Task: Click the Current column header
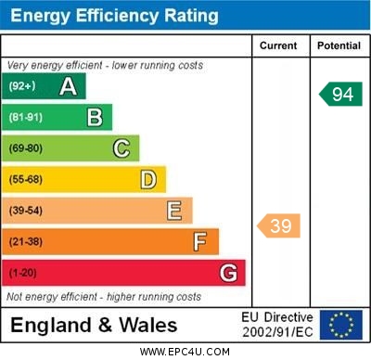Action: point(278,45)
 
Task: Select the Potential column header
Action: point(339,45)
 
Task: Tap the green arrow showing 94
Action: point(340,94)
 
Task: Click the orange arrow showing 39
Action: point(278,225)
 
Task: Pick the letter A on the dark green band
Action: point(68,86)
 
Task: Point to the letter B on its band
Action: point(95,118)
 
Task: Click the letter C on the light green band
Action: point(122,148)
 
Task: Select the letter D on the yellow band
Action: point(148,180)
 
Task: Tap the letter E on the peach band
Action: point(174,211)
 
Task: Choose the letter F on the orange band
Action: point(200,242)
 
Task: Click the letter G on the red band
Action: point(228,273)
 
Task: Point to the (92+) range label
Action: point(22,85)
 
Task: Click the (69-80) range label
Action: point(26,148)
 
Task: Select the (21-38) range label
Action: point(26,241)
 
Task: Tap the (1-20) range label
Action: point(22,273)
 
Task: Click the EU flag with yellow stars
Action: point(341,325)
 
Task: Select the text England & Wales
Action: point(94,326)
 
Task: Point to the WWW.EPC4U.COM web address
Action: point(185,352)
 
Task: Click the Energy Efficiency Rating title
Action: point(114,16)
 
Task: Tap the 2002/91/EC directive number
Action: point(277,332)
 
